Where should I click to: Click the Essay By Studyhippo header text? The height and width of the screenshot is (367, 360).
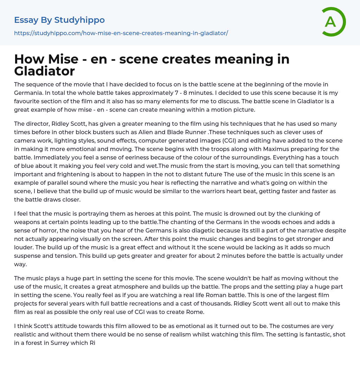tap(59, 20)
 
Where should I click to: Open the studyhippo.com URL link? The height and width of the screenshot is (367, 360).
tap(121, 33)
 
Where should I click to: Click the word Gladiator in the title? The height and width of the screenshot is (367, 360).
tap(44, 71)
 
